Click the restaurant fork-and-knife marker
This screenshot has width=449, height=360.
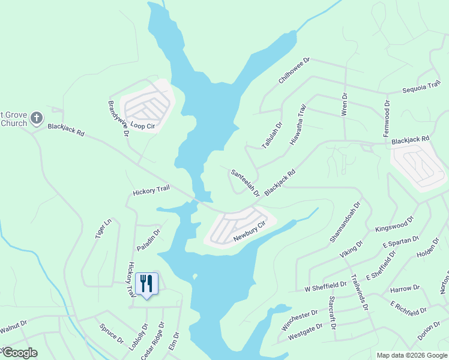(x=146, y=283)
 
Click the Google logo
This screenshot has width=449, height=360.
(x=19, y=353)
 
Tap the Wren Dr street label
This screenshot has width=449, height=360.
(x=345, y=104)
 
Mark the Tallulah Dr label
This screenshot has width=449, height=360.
(x=272, y=136)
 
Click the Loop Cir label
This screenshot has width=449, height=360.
(x=143, y=127)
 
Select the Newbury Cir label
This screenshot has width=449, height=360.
(x=249, y=232)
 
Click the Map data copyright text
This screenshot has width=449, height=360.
(x=412, y=355)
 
